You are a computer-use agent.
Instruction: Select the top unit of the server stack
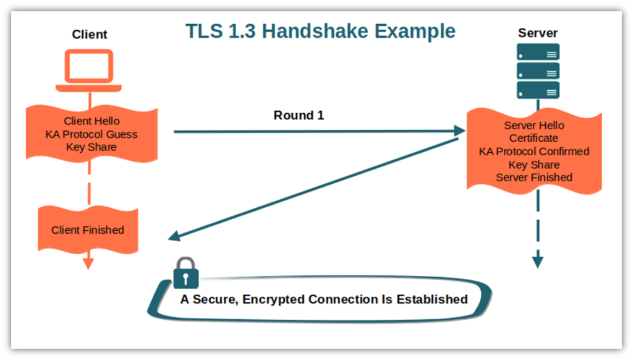tap(538, 52)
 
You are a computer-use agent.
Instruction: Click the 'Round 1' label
tap(299, 115)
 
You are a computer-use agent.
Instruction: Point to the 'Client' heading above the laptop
tap(90, 35)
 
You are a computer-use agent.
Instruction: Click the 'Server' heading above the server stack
tap(538, 33)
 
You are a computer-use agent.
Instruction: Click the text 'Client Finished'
tap(88, 230)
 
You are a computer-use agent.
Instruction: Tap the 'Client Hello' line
tap(91, 121)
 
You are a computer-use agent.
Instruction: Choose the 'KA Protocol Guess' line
tap(91, 134)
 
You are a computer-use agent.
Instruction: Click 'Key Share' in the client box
tap(91, 147)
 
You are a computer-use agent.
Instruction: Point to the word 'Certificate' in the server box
tap(533, 138)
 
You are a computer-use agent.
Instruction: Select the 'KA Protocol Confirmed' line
tap(534, 152)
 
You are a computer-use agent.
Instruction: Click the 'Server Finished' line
tap(534, 178)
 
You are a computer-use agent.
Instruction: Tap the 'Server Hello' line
tap(534, 125)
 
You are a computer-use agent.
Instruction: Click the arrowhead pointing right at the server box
tap(460, 131)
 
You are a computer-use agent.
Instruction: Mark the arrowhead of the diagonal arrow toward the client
tap(174, 236)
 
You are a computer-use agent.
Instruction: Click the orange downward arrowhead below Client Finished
tap(88, 264)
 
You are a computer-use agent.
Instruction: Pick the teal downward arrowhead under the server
tap(538, 262)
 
